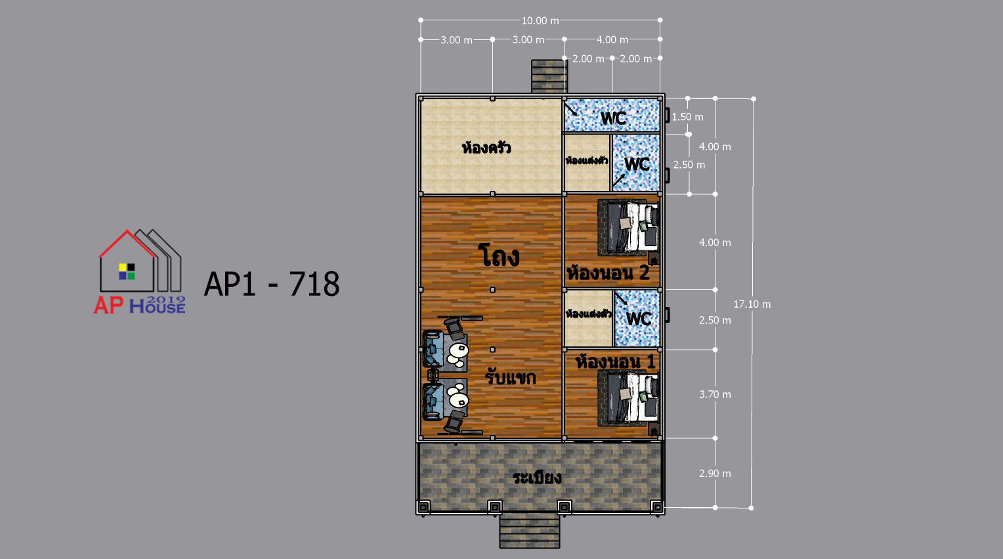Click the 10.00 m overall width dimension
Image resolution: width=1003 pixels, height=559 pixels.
540,20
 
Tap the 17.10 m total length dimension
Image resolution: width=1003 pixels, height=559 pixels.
752,304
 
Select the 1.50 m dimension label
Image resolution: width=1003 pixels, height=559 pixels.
687,117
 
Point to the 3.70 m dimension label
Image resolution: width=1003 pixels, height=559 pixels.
715,394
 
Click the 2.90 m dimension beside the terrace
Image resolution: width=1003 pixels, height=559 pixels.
715,473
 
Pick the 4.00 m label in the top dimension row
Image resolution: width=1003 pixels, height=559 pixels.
612,40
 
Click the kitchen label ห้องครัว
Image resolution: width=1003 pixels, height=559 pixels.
486,147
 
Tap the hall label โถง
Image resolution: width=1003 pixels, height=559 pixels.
498,256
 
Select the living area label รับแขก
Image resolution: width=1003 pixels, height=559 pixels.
511,377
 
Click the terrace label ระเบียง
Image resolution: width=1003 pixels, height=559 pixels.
537,478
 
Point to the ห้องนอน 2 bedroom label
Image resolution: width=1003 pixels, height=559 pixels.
608,272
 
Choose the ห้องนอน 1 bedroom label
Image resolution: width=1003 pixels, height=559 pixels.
616,362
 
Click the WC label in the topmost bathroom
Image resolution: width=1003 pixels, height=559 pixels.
613,118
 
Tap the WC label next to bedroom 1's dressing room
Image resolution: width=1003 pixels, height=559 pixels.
639,319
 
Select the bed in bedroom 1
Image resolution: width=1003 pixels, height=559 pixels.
628,398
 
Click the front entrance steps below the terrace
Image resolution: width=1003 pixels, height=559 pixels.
530,531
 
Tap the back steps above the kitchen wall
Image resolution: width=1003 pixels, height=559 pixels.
549,77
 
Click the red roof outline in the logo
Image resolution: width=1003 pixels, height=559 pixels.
127,243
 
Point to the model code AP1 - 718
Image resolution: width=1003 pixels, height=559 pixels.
272,283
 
